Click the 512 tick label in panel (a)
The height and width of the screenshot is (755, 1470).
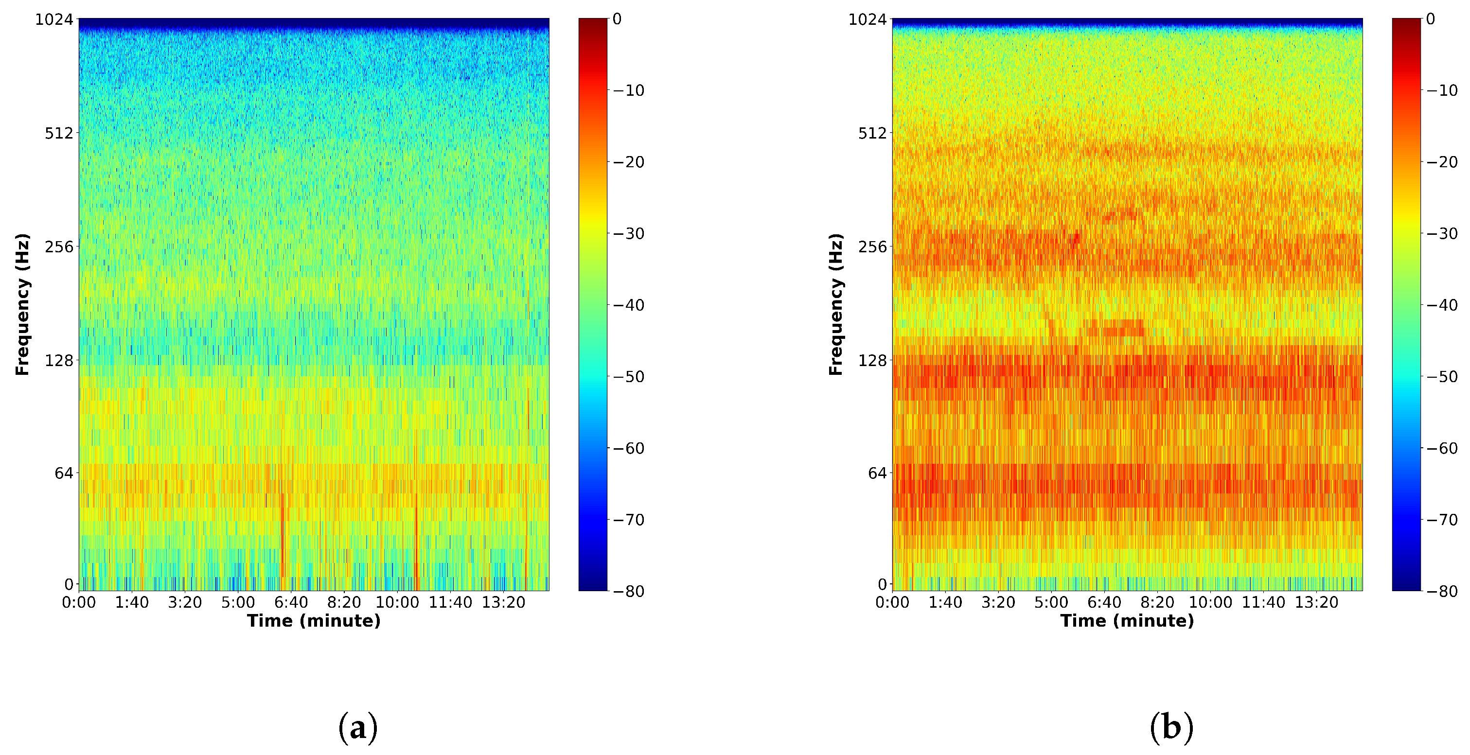click(59, 134)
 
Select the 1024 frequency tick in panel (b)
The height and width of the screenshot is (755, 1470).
click(868, 20)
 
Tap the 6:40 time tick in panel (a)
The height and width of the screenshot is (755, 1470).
click(291, 603)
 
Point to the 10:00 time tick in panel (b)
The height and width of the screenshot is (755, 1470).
click(1210, 603)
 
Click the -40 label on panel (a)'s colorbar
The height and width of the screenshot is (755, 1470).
click(628, 305)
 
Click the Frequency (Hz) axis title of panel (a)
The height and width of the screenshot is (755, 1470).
click(22, 304)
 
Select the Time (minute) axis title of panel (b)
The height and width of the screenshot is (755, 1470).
click(1127, 621)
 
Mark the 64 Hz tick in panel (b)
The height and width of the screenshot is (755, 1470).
click(878, 473)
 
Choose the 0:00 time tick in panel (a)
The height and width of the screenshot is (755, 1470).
click(79, 603)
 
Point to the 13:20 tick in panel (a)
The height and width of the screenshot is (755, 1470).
click(503, 603)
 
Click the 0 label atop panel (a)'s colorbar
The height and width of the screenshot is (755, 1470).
click(617, 19)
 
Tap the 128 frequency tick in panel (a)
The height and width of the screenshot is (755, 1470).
click(59, 361)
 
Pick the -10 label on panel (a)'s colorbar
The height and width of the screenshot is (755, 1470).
click(628, 91)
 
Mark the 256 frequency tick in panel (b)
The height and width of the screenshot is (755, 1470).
click(872, 247)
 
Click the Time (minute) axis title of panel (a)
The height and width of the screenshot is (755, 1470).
click(314, 621)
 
